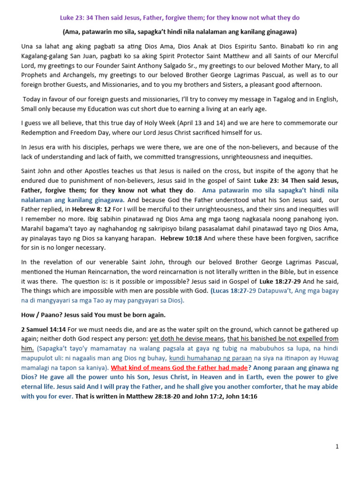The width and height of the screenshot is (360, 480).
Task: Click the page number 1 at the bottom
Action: (337, 447)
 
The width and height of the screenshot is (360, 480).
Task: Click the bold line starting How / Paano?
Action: (93, 315)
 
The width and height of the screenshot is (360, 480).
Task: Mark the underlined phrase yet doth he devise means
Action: (187, 339)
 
